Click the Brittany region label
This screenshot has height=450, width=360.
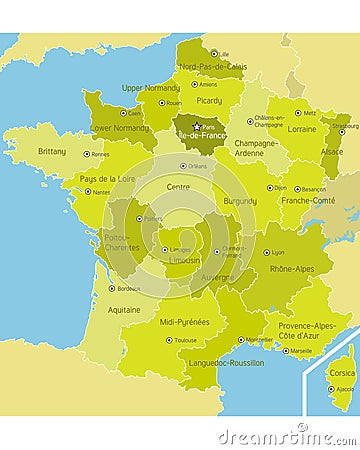(x=52, y=151)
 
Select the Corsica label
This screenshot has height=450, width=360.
(x=341, y=373)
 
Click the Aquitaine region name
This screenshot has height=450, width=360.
(x=124, y=310)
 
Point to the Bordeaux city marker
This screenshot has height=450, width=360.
(x=111, y=288)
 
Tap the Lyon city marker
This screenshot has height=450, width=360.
(x=267, y=252)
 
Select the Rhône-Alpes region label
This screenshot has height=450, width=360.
(x=293, y=268)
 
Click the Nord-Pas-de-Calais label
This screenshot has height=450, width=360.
(x=213, y=66)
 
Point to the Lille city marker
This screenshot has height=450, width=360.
(x=212, y=54)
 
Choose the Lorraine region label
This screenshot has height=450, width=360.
(x=302, y=128)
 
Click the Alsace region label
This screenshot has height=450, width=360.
(x=331, y=151)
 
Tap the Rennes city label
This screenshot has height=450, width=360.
(x=100, y=154)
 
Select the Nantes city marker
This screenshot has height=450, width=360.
(x=87, y=191)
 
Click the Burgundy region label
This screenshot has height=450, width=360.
(x=240, y=200)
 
